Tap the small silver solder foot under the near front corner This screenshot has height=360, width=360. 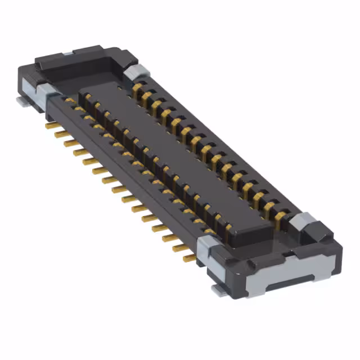216,290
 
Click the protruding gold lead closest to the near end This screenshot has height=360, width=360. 190,258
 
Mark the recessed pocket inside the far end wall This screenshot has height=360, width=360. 84,67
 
